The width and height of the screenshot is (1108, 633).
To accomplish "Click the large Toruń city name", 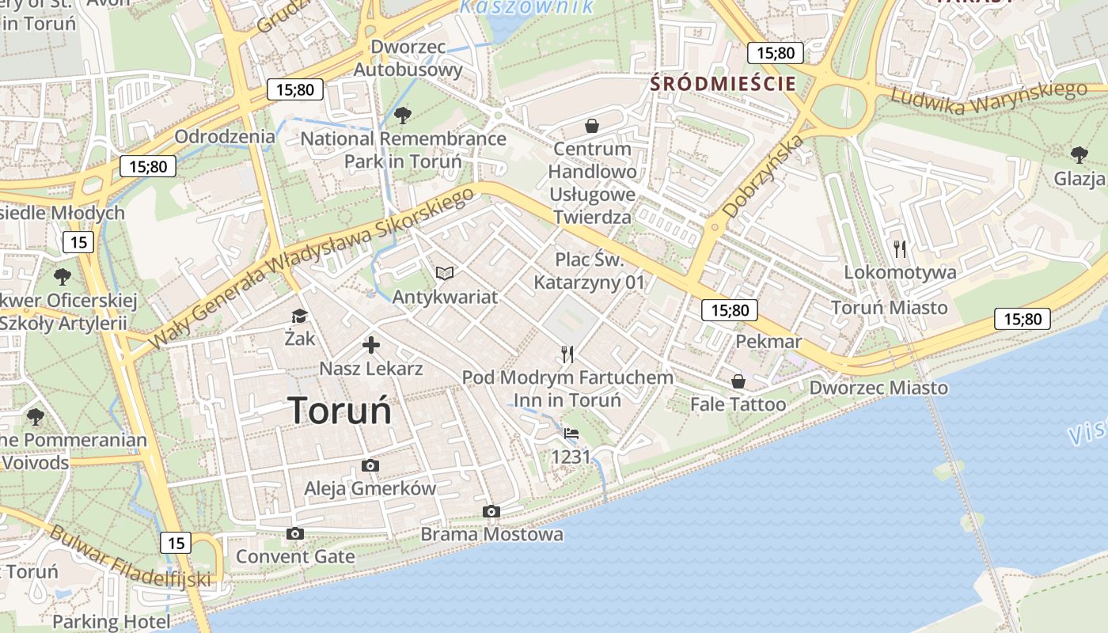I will pyautogui.click(x=340, y=411).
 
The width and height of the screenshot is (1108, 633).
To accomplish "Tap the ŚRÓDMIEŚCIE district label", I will pyautogui.click(x=723, y=83).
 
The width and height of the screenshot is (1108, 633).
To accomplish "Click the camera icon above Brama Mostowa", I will pyautogui.click(x=491, y=512).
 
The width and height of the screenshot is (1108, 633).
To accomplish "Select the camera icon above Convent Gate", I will pyautogui.click(x=295, y=534).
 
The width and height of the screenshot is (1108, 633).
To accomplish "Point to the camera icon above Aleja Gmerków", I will pyautogui.click(x=370, y=466).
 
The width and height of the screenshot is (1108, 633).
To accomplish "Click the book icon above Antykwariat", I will pyautogui.click(x=446, y=274).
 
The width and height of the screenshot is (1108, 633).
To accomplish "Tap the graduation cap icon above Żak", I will pyautogui.click(x=299, y=316).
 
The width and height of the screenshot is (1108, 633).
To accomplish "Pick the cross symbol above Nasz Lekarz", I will pyautogui.click(x=370, y=345).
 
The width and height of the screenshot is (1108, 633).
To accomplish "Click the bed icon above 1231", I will pyautogui.click(x=571, y=434).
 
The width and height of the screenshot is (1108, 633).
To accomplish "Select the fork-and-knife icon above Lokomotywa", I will pyautogui.click(x=900, y=249).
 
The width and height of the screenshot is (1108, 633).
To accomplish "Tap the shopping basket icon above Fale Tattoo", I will pyautogui.click(x=738, y=382).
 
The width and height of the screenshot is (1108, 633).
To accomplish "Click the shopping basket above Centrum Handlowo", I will pyautogui.click(x=592, y=126).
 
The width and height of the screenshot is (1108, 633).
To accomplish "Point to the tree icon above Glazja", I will pyautogui.click(x=1079, y=154).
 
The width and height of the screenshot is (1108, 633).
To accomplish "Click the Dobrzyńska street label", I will pyautogui.click(x=763, y=176).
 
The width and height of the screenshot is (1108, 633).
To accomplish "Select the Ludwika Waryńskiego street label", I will pyautogui.click(x=988, y=97).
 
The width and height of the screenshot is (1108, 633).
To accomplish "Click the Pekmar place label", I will pyautogui.click(x=768, y=342).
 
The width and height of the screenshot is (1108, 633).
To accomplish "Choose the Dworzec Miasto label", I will pyautogui.click(x=878, y=388).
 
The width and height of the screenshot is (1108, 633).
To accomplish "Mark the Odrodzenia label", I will pyautogui.click(x=225, y=136).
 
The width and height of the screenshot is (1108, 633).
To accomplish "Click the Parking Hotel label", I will pyautogui.click(x=111, y=622).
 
